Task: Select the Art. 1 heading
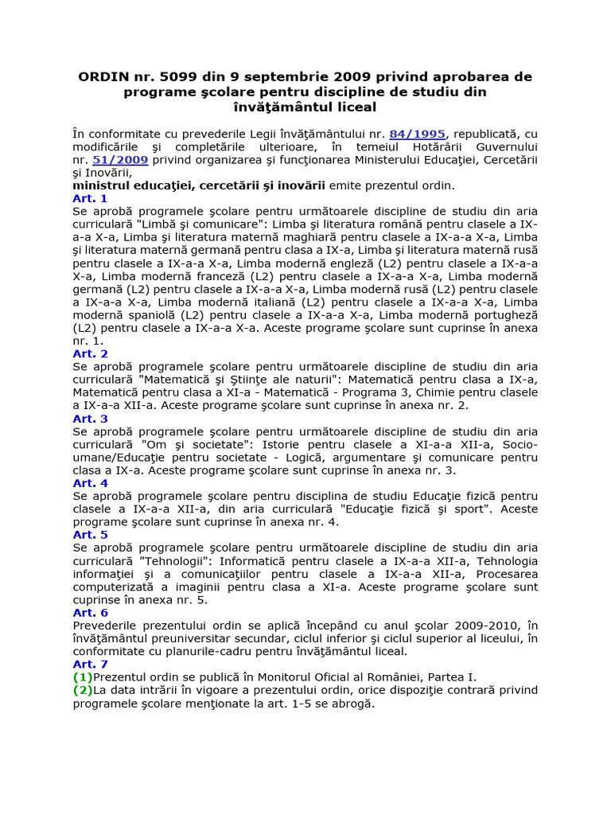tap(90, 198)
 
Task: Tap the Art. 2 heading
tap(90, 353)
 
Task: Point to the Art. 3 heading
tap(90, 419)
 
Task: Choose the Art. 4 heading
tap(90, 483)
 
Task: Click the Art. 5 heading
tap(90, 535)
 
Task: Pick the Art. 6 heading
tap(90, 613)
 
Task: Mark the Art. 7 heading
tap(90, 665)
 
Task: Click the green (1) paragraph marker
tap(83, 677)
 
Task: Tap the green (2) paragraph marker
tap(83, 690)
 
